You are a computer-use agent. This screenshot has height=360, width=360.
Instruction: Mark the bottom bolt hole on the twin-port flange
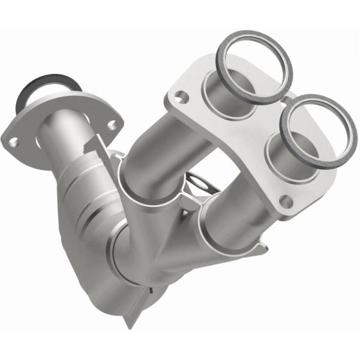(x=286, y=202)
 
